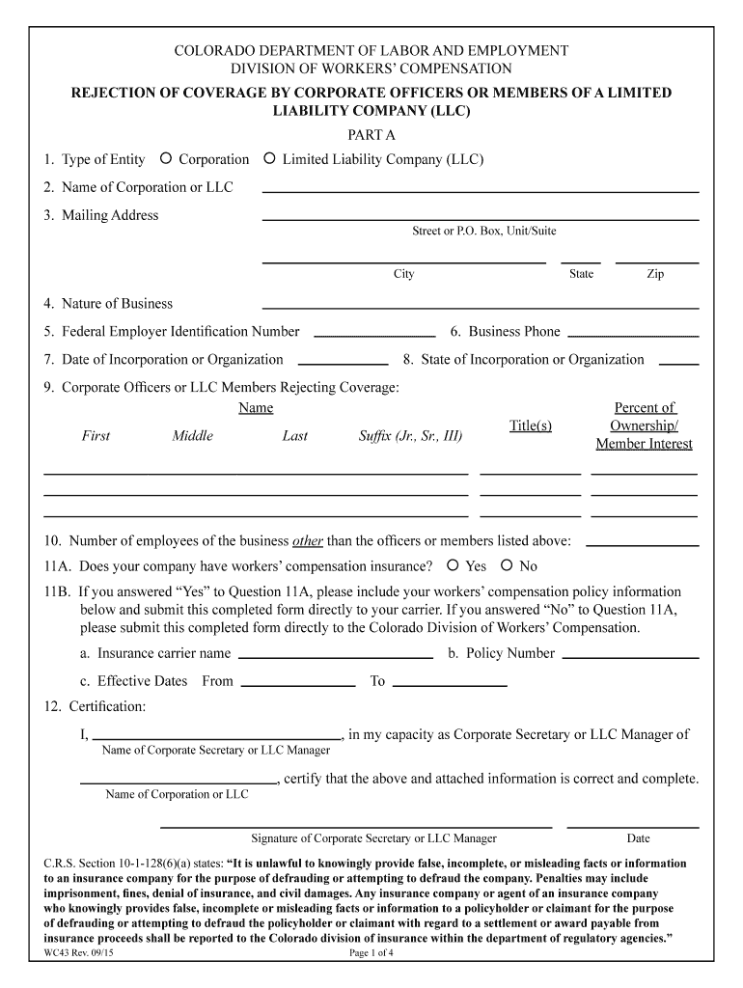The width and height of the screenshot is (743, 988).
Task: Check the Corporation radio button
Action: [x=166, y=159]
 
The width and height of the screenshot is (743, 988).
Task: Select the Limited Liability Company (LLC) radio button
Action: [x=270, y=159]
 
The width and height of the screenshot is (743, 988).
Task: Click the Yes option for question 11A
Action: [x=452, y=566]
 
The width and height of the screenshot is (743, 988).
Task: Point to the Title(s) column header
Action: [x=530, y=425]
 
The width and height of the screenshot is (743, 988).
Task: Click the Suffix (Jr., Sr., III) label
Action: [x=410, y=436]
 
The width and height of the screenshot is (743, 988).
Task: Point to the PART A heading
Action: [x=371, y=135]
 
